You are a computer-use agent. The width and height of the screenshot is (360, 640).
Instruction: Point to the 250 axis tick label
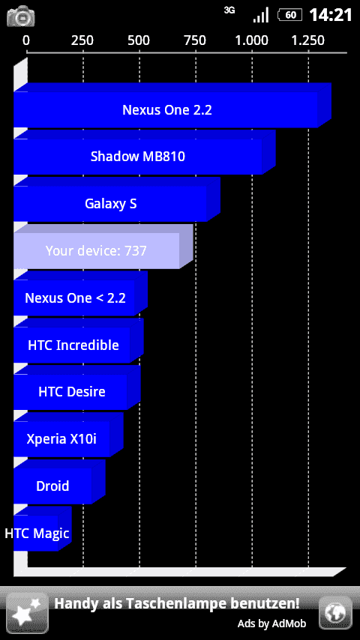[x=82, y=40]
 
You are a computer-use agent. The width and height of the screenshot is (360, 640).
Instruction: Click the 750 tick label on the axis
[x=195, y=40]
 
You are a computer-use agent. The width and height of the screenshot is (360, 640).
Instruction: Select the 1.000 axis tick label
[x=251, y=40]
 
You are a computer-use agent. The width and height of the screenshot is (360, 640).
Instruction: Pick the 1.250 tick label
[x=307, y=40]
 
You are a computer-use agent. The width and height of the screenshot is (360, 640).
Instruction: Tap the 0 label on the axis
[x=26, y=40]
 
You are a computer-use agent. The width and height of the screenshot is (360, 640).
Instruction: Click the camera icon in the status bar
[x=21, y=16]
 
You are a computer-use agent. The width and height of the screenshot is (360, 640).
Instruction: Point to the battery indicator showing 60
[x=290, y=16]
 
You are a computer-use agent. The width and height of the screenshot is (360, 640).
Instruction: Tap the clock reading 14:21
[x=331, y=16]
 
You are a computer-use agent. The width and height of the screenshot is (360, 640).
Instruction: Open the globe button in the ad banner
[x=335, y=612]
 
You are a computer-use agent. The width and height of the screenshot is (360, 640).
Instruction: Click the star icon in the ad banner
[x=27, y=613]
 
